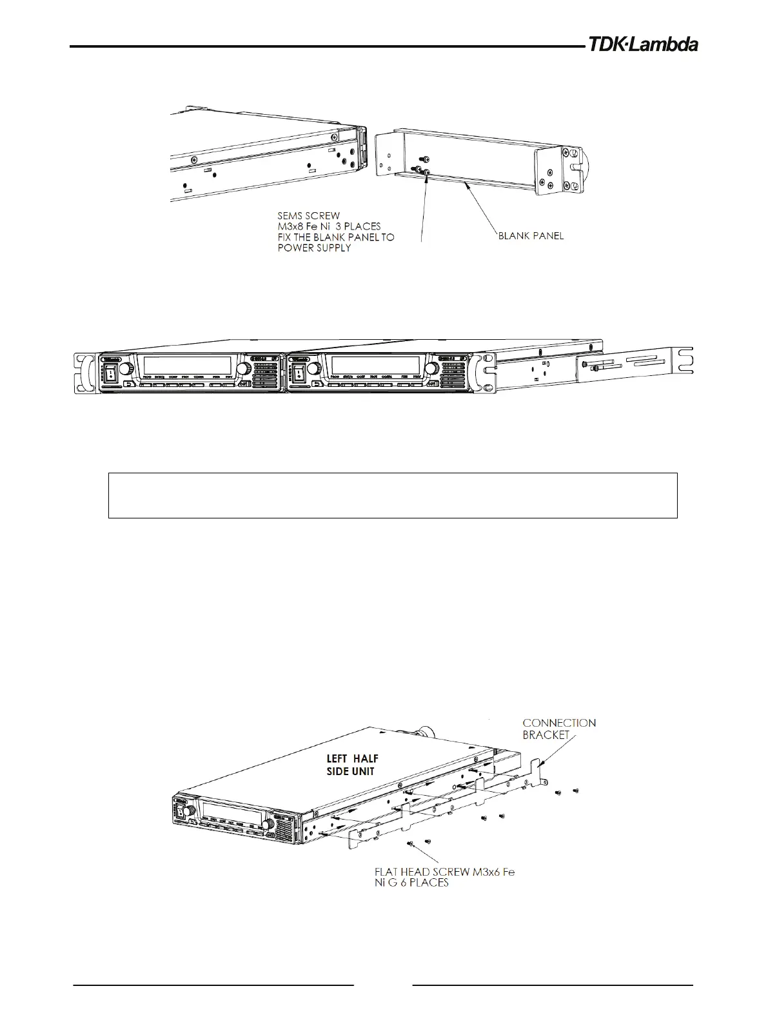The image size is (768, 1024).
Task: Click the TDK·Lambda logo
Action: (x=642, y=45)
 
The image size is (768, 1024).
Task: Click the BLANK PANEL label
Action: (x=531, y=236)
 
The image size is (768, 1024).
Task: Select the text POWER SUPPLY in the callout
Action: (x=313, y=248)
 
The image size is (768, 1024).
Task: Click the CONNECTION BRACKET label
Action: (x=558, y=729)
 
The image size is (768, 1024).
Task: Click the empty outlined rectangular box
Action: (x=392, y=495)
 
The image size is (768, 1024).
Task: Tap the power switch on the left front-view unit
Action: (x=110, y=372)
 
